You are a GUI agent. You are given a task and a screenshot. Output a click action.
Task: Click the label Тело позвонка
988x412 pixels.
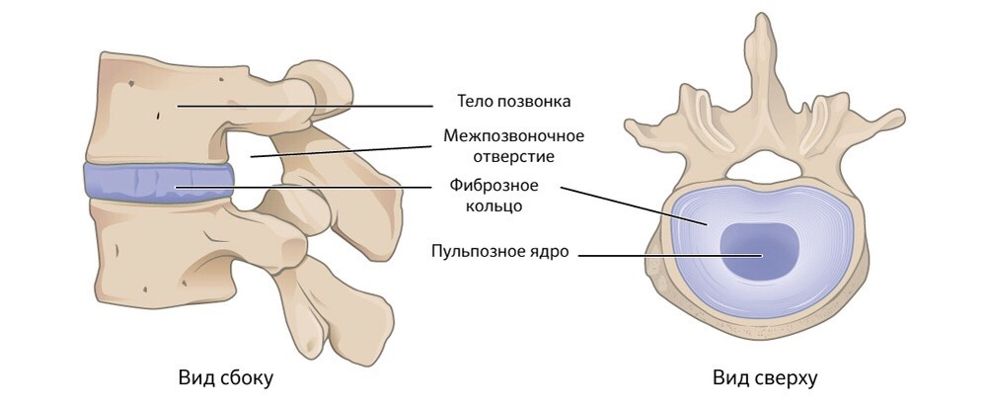pos(514,102)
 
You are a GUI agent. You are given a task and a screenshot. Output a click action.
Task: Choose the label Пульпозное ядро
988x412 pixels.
pos(499,251)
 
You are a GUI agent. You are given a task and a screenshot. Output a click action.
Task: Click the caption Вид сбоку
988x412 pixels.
pos(225,377)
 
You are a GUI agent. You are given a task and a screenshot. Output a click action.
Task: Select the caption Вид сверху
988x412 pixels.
pos(766,377)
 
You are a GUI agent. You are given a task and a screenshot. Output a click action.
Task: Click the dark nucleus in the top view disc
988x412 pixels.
pos(758,251)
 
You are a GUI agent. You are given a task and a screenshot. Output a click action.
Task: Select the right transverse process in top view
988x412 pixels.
pos(869,126)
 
